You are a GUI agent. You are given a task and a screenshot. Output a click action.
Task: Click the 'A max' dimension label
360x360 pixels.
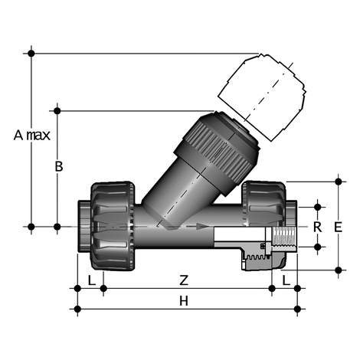32,135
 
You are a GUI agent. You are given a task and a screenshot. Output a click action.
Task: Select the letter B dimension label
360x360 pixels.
59,166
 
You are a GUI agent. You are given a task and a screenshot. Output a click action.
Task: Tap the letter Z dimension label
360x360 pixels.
184,280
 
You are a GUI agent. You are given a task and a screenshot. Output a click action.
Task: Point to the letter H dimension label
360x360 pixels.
184,301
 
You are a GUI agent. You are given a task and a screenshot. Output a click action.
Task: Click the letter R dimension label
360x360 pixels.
317,227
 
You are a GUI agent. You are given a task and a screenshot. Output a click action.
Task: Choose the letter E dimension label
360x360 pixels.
338,227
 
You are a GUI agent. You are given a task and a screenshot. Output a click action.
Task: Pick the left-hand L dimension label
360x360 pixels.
92,280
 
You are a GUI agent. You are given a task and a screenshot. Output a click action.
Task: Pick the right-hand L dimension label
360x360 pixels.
286,280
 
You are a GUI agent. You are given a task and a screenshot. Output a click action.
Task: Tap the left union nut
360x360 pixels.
113,226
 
